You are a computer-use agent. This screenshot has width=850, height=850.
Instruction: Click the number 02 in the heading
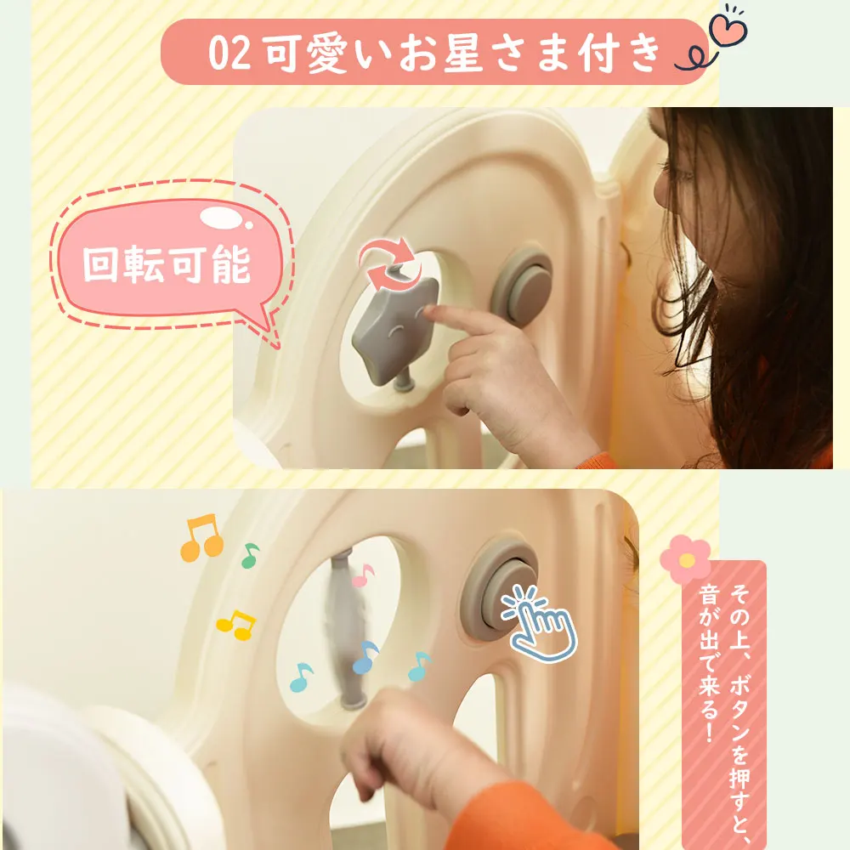(x=229, y=53)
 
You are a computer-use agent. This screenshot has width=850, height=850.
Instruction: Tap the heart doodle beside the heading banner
(x=728, y=28)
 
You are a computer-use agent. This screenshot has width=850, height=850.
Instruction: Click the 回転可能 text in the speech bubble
(x=167, y=264)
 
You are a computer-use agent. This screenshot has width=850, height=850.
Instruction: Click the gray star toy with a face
(x=394, y=331)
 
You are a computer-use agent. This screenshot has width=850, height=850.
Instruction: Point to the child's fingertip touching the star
(x=429, y=311)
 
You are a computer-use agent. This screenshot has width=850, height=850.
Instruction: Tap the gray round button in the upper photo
(x=523, y=286)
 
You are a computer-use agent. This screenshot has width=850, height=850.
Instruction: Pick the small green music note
(x=250, y=555)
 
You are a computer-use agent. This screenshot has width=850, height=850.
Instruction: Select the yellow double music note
(x=236, y=625)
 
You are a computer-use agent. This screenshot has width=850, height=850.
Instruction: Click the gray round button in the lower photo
(x=499, y=585)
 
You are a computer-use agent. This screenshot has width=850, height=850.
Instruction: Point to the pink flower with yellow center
(x=686, y=559)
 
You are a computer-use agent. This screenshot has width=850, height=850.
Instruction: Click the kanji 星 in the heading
(x=463, y=53)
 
